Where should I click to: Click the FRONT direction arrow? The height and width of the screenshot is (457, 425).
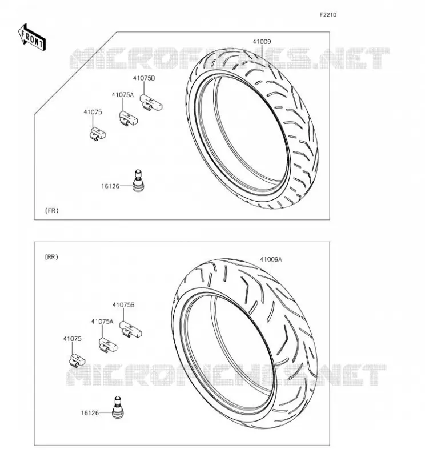click(x=32, y=38)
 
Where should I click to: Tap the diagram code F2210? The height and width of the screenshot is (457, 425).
click(x=328, y=15)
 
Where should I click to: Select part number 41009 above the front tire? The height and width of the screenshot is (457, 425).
click(x=262, y=42)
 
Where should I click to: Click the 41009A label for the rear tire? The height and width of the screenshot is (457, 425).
click(x=271, y=259)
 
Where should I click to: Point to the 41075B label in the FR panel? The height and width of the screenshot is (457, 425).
click(x=144, y=78)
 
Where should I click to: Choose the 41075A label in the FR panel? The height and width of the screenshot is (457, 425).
click(x=122, y=95)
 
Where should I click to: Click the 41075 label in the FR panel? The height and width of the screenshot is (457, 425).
click(x=93, y=112)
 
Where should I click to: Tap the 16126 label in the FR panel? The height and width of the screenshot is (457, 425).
click(x=110, y=186)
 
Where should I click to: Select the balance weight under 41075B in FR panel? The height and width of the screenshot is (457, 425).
click(x=151, y=103)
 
